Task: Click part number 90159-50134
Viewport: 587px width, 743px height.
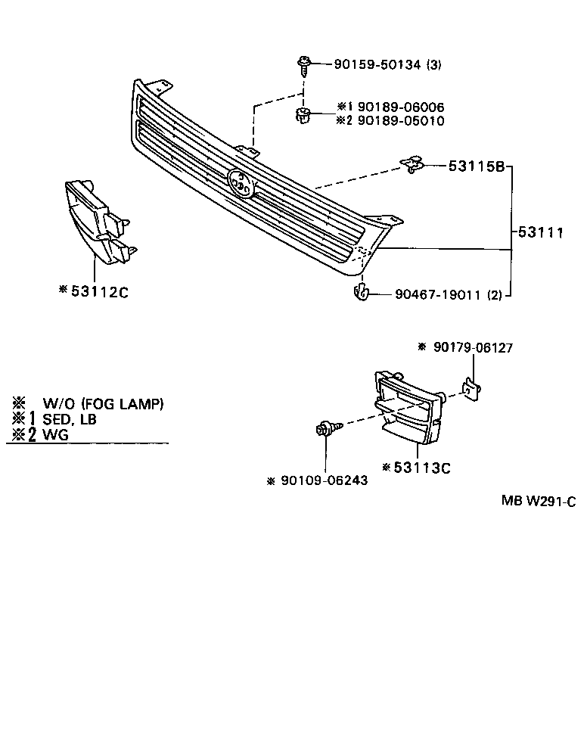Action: [x=377, y=65]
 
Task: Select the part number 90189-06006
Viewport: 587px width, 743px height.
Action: [x=401, y=107]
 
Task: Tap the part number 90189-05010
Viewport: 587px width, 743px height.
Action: [x=401, y=120]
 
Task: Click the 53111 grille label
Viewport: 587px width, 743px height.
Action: [x=540, y=234]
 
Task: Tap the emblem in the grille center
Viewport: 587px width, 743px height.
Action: [x=242, y=182]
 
